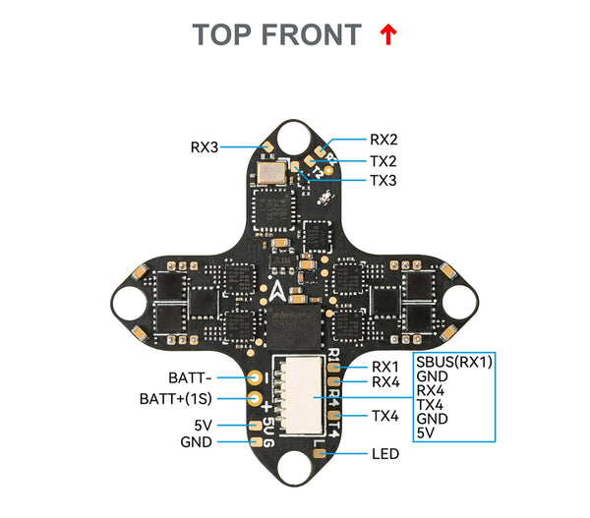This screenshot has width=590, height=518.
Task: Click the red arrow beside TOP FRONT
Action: tap(387, 35)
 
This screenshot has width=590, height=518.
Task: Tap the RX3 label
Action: tap(205, 147)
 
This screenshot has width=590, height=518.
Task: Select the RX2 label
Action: tap(383, 140)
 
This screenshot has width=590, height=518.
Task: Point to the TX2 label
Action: tap(383, 160)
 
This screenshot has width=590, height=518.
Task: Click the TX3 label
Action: tap(383, 180)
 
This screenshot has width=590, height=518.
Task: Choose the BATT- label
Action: tap(190, 376)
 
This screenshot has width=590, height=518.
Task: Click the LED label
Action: tap(385, 454)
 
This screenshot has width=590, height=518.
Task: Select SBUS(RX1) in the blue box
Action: tap(453, 361)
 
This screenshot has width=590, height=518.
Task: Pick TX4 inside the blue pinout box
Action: tap(431, 404)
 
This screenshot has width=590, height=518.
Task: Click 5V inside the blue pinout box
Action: tap(425, 432)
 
